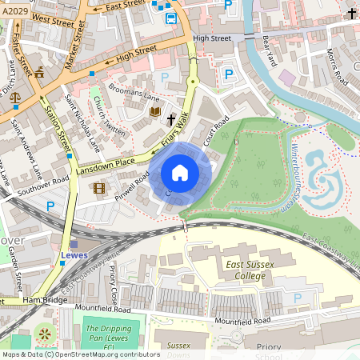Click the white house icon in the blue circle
click(x=180, y=172)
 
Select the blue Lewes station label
click(x=75, y=256)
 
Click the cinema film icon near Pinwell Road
click(x=99, y=189)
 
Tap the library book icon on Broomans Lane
click(x=155, y=111)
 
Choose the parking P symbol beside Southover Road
click(x=51, y=206)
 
